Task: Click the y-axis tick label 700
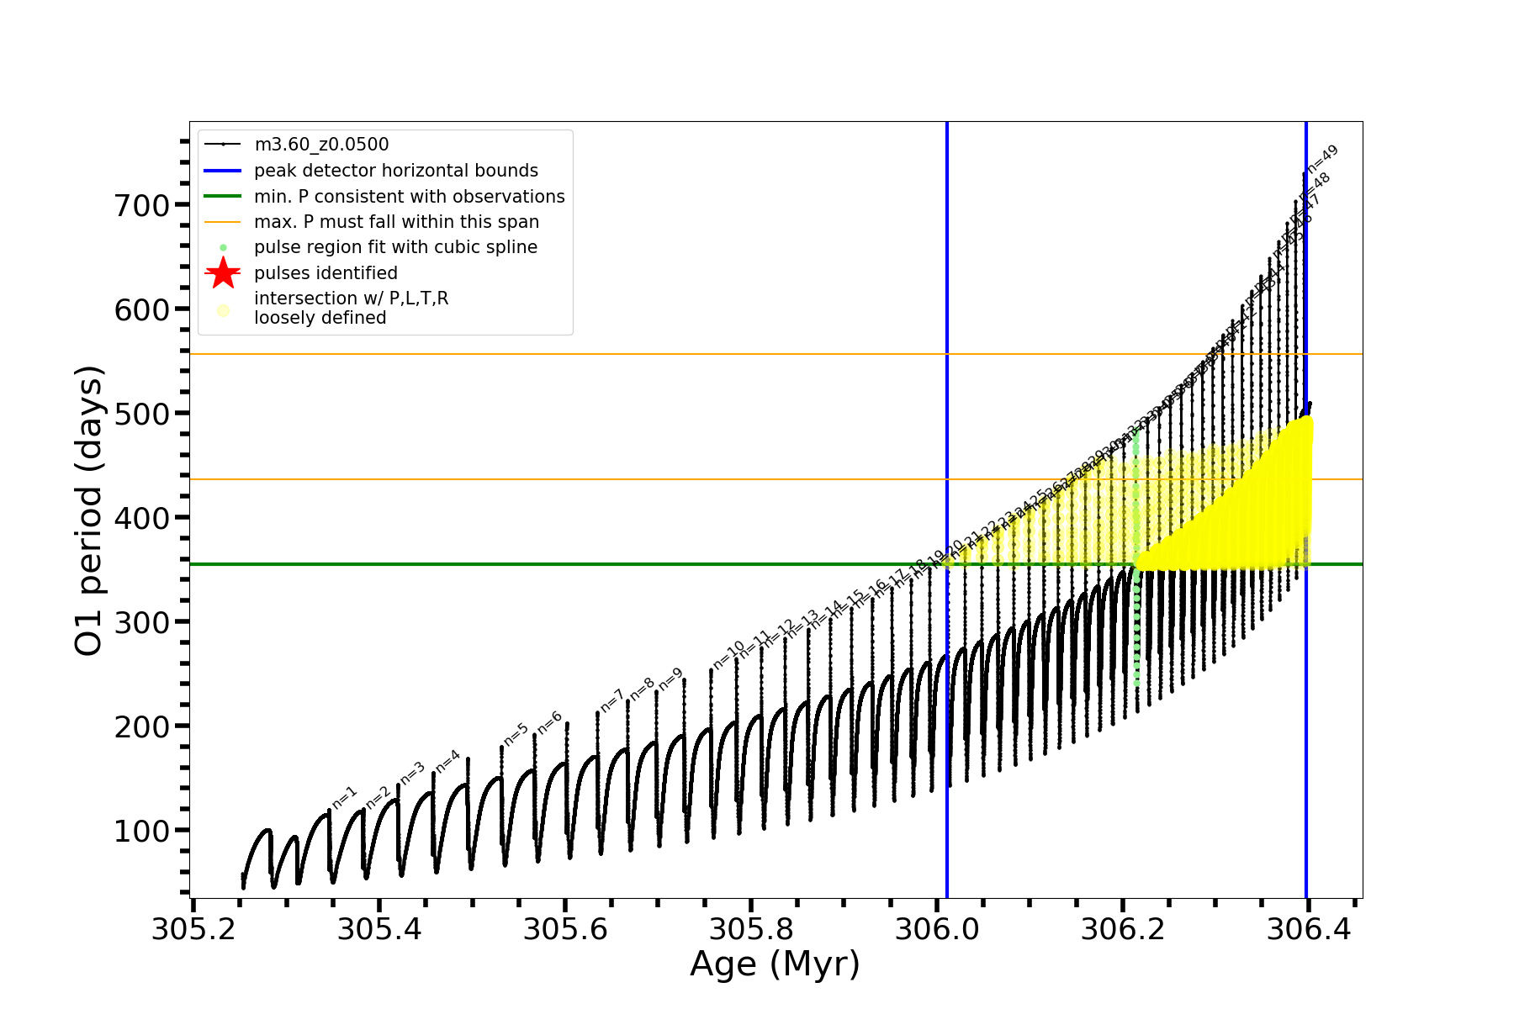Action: (x=141, y=205)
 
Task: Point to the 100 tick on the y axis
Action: (x=141, y=831)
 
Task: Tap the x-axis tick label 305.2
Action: (x=193, y=930)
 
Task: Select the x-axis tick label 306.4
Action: (x=1308, y=930)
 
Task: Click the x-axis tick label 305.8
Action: (x=751, y=930)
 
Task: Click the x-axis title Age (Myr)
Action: (x=775, y=964)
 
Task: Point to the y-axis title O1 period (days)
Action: (x=89, y=510)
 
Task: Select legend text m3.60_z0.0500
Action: (x=321, y=145)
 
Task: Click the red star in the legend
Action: (x=223, y=273)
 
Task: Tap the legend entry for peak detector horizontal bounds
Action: (x=395, y=171)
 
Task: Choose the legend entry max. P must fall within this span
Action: (x=396, y=222)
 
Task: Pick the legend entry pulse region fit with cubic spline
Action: (x=395, y=247)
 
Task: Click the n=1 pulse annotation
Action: (x=345, y=798)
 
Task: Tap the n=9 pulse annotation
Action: (x=670, y=679)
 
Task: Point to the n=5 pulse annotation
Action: (x=516, y=734)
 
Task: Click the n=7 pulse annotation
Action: (x=612, y=700)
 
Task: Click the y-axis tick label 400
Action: (x=141, y=518)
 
